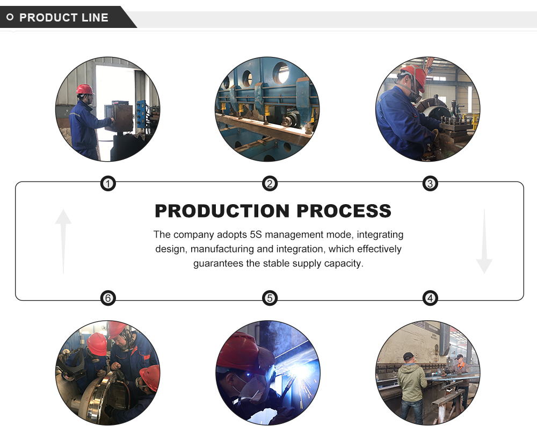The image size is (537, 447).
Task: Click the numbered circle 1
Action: pos(108,184)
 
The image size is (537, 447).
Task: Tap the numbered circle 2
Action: pos(270,184)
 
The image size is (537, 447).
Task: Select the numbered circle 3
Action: pos(430,184)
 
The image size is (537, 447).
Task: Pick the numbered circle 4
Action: pos(430,298)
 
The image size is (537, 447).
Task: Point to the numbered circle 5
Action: pos(270,298)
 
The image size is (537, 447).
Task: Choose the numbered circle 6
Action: pos(108,298)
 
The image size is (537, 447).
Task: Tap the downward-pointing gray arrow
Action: pos(484,242)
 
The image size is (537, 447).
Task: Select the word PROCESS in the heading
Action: pos(344,211)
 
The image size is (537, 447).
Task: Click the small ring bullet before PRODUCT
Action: pos(10,18)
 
